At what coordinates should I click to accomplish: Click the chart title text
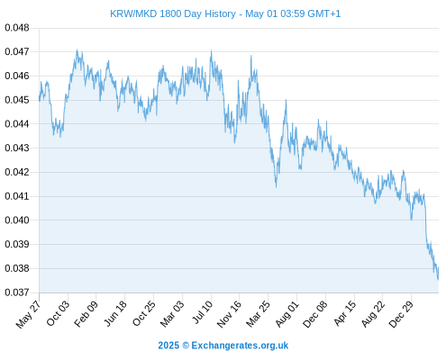tap(225, 13)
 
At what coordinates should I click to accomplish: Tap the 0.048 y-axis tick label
tap(17, 28)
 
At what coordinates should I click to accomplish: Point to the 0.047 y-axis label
tap(17, 52)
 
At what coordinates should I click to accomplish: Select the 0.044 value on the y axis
tap(17, 124)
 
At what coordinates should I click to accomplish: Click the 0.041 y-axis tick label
tap(17, 196)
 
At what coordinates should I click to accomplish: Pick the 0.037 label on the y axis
tap(17, 292)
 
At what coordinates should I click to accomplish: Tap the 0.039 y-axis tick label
tap(17, 244)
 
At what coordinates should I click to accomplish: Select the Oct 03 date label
tap(58, 313)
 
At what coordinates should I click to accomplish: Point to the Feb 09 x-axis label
tap(86, 314)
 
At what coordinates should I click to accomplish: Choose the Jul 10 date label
tap(202, 312)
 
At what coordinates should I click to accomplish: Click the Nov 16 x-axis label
tap(229, 314)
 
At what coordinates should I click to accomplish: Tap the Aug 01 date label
tap(287, 314)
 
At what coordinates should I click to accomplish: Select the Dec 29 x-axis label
tap(401, 314)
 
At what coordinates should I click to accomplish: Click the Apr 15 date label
tap(345, 313)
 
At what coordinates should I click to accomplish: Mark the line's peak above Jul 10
tap(211, 51)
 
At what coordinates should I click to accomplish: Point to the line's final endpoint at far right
tap(438, 267)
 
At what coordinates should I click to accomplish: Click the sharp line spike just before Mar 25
tap(251, 56)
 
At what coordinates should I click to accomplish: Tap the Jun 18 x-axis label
tap(115, 313)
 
